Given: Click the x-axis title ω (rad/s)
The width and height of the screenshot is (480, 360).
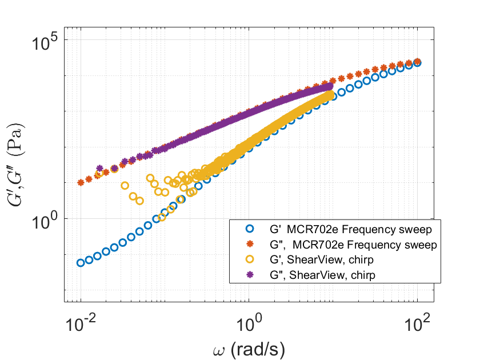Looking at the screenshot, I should (249, 346).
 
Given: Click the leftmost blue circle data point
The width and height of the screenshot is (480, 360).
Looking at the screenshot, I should (81, 263).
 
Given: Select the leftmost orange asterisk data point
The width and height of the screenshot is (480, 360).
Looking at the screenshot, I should (81, 183).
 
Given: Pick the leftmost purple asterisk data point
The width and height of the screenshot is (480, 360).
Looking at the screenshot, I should (100, 169).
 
